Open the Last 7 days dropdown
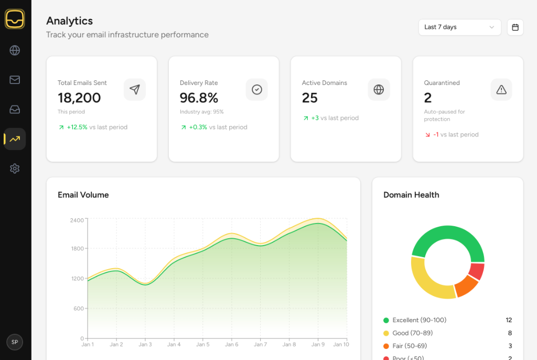coord(459,27)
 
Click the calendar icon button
coord(515,27)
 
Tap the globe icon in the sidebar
coord(15,50)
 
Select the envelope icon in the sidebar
coord(15,80)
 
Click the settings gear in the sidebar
coord(15,168)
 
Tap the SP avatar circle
coord(15,342)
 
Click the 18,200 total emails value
coord(79,98)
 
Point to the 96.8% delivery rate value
coord(199,98)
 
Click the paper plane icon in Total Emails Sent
coord(135,90)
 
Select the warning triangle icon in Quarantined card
coord(501,90)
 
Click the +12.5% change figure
coord(77,127)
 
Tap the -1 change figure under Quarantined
coord(436,134)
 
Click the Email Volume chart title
coord(83,195)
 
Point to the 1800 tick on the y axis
coord(77,249)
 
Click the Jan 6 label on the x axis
coord(231,344)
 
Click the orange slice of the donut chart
coord(466,285)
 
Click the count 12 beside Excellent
coord(509,320)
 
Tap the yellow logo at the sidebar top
coord(15,19)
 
